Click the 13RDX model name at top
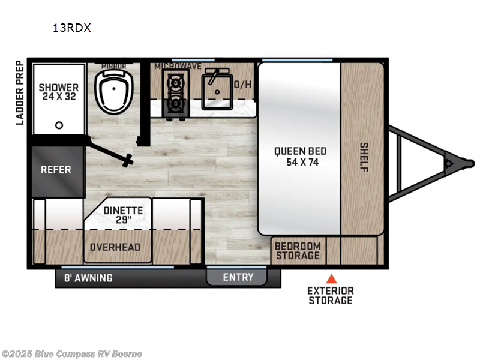pos(71,28)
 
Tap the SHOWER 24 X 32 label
pos(59,92)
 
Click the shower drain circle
pos(59,125)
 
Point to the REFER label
pos(56,169)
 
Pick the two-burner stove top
pos(175,92)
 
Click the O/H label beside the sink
pos(242,85)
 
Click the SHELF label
pos(364,157)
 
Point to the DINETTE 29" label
pos(122,215)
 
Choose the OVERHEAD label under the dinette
pos(115,247)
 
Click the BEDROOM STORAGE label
pos(298,251)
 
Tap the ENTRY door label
pos(238,277)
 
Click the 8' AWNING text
pos(88,278)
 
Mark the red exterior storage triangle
pos(331,278)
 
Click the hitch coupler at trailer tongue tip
pos(449,162)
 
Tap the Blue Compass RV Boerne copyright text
pos(72,353)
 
